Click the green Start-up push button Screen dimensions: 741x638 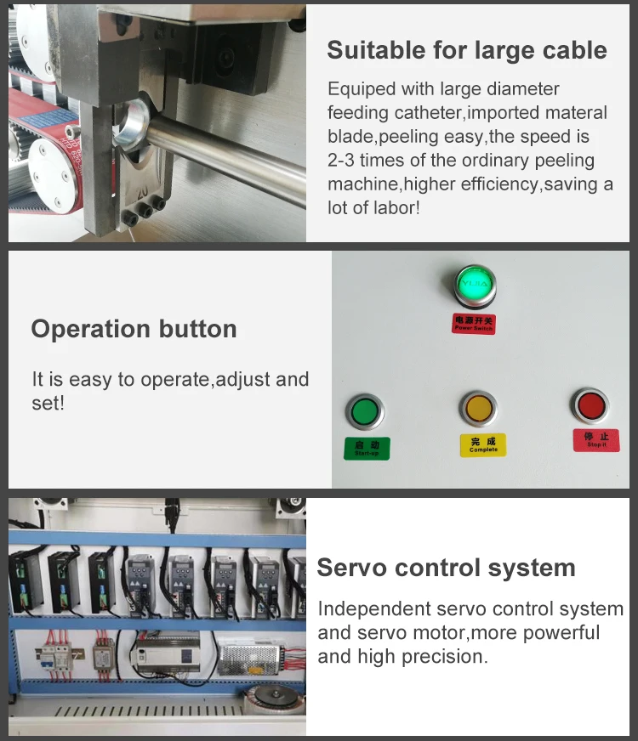[366, 413]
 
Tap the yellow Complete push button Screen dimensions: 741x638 [479, 409]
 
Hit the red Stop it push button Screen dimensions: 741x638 [589, 405]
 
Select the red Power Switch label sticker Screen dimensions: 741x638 [473, 324]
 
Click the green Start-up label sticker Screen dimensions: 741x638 [367, 449]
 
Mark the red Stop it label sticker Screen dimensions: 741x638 [595, 440]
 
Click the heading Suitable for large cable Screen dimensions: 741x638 [467, 50]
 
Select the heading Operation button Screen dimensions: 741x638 [134, 330]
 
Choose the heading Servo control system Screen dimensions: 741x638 [446, 568]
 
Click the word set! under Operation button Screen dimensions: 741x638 [48, 404]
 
